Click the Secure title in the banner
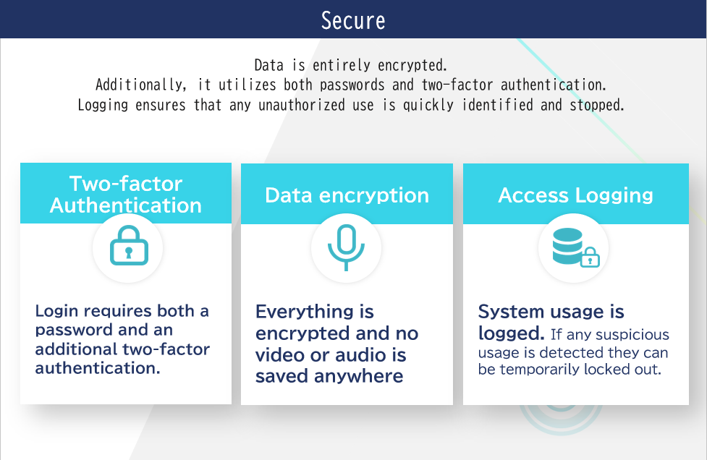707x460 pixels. pyautogui.click(x=353, y=21)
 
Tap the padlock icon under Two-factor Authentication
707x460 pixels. pyautogui.click(x=129, y=245)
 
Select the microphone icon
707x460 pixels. pyautogui.click(x=346, y=248)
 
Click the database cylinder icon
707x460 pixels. pyautogui.click(x=567, y=246)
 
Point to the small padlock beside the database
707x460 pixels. pyautogui.click(x=590, y=257)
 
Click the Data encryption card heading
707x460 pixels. pyautogui.click(x=347, y=195)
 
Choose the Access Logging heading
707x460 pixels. pyautogui.click(x=576, y=195)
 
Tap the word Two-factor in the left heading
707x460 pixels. pyautogui.click(x=126, y=184)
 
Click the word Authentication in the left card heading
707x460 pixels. pyautogui.click(x=126, y=205)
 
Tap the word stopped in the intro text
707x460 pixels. pyautogui.click(x=597, y=106)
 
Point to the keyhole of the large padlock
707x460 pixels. pyautogui.click(x=129, y=252)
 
